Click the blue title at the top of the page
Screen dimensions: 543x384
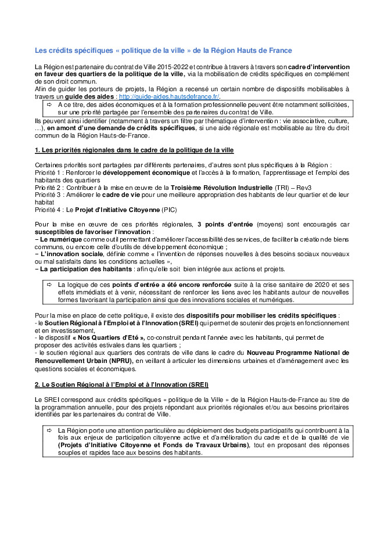click(163, 51)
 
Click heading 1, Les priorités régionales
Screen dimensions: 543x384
click(134, 150)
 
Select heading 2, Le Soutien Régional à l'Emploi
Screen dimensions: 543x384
click(121, 384)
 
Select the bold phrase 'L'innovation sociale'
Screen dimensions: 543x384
click(65, 254)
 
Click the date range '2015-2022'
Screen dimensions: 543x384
click(171, 67)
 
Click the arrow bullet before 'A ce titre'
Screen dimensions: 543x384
click(49, 104)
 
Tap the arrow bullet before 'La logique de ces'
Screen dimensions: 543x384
click(49, 284)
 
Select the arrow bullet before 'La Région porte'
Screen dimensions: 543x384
click(49, 430)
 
